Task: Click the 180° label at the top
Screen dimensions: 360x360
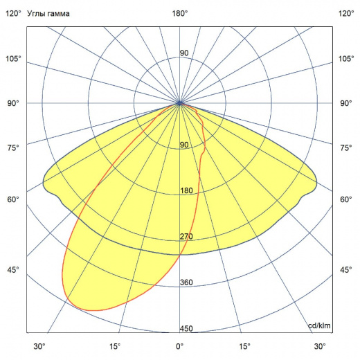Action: point(180,13)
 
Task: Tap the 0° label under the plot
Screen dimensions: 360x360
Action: point(180,346)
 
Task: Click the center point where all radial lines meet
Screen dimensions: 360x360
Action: point(180,102)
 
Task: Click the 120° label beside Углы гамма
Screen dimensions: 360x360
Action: point(13,13)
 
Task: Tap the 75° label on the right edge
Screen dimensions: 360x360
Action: point(346,147)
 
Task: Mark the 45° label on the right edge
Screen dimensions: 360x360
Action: point(346,270)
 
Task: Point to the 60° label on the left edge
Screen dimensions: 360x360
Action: point(13,199)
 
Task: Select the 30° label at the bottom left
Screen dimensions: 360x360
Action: point(39,346)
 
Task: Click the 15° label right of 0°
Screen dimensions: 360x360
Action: point(244,346)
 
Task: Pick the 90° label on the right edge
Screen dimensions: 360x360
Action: point(346,103)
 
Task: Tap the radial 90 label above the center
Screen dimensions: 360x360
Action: point(185,53)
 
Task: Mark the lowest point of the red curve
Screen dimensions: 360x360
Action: point(97,309)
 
